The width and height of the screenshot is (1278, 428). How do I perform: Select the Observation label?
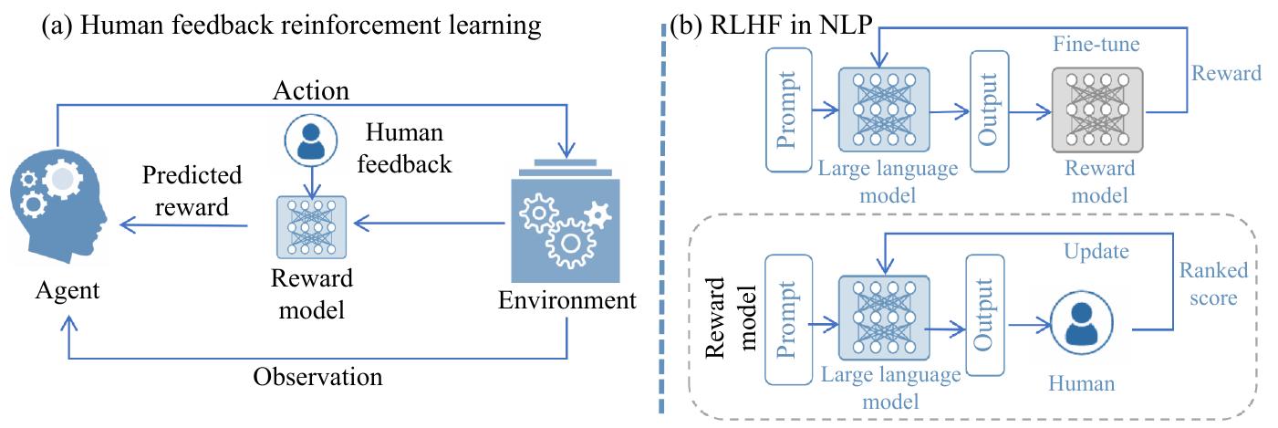pos(317,376)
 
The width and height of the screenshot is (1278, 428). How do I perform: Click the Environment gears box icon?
pos(566,218)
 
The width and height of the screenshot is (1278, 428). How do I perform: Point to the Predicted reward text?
pos(192,191)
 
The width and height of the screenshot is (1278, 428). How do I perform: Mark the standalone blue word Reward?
pos(1225,74)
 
